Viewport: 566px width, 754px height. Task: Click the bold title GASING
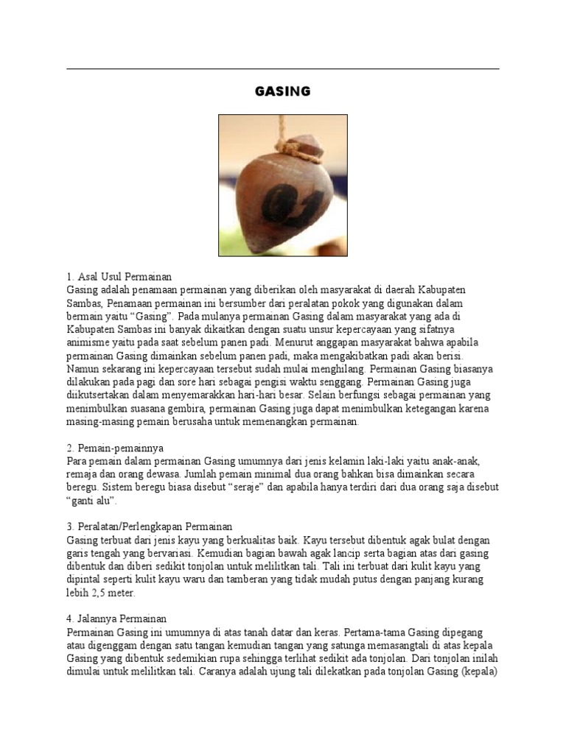[x=282, y=92]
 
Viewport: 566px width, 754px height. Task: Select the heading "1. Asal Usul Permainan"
[x=119, y=277]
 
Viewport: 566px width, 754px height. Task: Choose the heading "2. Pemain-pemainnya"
[x=114, y=448]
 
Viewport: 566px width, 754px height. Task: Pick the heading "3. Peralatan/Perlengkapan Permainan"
[x=150, y=527]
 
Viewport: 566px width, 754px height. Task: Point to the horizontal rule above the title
[x=282, y=69]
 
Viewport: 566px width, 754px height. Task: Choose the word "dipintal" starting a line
[x=84, y=580]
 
